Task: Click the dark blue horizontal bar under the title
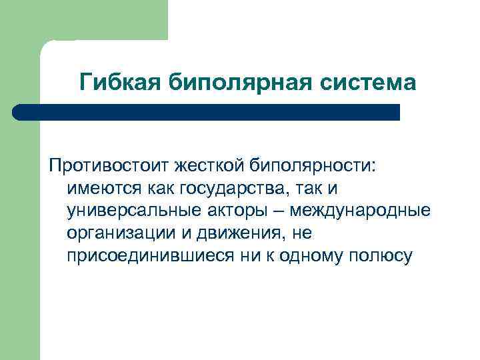click(207, 112)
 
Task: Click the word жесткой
click(213, 164)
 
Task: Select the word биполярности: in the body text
click(314, 164)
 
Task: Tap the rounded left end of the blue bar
click(18, 112)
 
